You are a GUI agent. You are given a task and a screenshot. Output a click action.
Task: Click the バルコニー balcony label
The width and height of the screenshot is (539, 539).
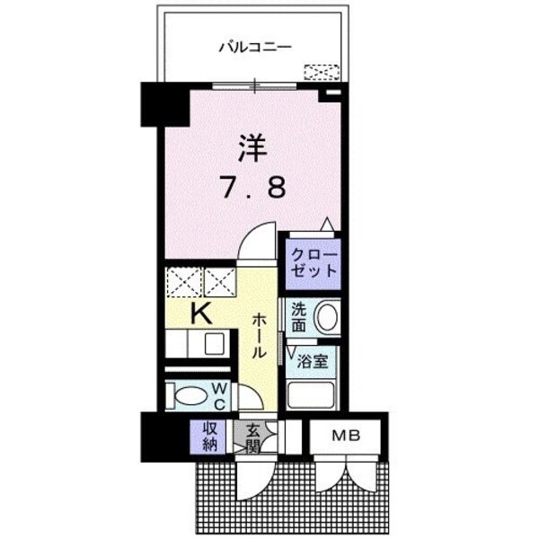click(255, 48)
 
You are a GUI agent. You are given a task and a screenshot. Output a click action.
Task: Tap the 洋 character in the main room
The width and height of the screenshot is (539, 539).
click(253, 146)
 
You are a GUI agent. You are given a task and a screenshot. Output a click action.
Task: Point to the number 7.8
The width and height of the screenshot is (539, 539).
click(253, 189)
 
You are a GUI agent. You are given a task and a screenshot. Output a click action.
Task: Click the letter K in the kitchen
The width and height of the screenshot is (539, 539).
click(201, 314)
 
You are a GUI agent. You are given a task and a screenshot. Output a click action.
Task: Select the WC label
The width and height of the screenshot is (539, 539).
click(218, 395)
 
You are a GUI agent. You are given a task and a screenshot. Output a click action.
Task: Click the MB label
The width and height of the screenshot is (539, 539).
click(345, 437)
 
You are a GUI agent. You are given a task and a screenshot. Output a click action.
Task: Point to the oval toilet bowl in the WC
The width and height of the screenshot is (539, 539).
click(189, 395)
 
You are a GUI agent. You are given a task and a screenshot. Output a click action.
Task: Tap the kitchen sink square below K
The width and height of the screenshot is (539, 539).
click(215, 343)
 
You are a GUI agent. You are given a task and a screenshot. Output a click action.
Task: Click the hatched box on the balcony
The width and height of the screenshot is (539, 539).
click(322, 72)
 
